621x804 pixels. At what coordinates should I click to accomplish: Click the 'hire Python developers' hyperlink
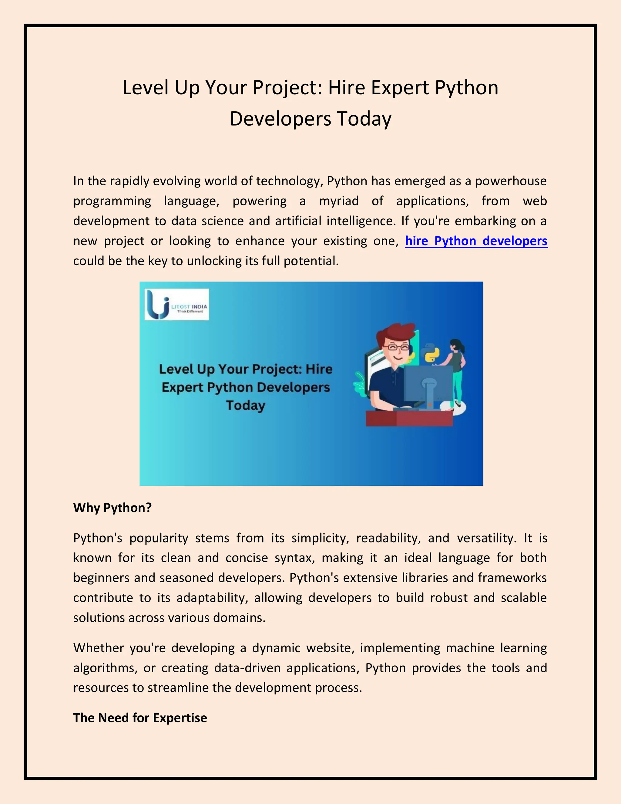tap(476, 241)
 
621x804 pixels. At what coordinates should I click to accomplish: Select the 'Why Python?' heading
tap(112, 508)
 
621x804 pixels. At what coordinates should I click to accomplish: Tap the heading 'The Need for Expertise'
tap(140, 718)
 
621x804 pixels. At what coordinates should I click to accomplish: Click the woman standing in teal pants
tap(457, 372)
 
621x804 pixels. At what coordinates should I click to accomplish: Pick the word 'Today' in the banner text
tap(245, 405)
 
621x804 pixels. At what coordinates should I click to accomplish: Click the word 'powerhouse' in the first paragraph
tap(511, 181)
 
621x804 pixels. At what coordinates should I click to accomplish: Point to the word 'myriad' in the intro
tap(338, 201)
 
